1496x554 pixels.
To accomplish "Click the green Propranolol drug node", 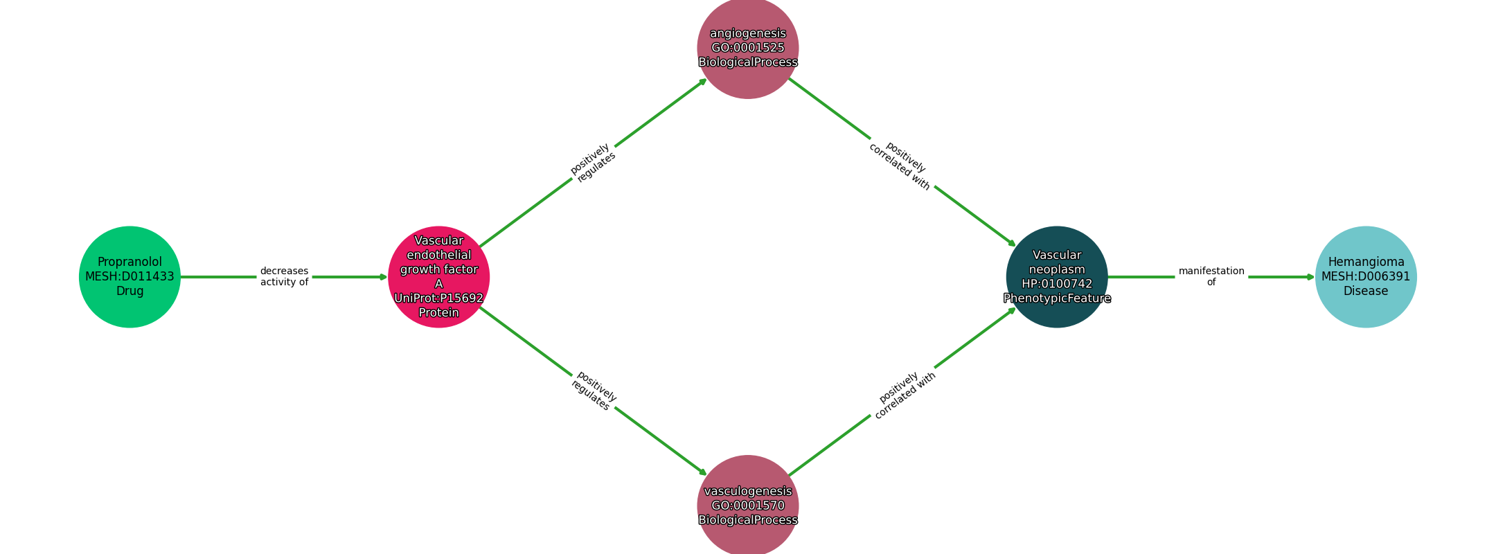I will [130, 276].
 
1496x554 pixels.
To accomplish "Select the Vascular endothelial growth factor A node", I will [438, 276].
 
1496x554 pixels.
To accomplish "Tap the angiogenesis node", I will [747, 48].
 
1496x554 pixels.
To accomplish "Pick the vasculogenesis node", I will [747, 506].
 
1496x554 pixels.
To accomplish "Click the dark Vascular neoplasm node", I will [1056, 276].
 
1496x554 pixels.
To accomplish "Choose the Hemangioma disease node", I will [1365, 276].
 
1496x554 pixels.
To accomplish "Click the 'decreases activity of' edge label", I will [284, 276].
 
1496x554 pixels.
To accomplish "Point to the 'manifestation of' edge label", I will [1211, 276].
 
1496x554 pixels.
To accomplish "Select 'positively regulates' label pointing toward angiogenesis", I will [593, 163].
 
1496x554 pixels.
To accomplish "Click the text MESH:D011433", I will [130, 277].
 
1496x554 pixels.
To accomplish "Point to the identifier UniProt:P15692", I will [438, 298].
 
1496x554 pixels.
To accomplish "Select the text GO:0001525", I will [747, 48].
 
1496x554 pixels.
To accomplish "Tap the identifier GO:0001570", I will [747, 506].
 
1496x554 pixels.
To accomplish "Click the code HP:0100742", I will [1056, 284].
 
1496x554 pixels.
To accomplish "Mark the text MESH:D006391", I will [1365, 277].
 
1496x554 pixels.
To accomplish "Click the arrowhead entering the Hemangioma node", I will [1310, 277].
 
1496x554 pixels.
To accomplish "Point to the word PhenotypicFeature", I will [1056, 298].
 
